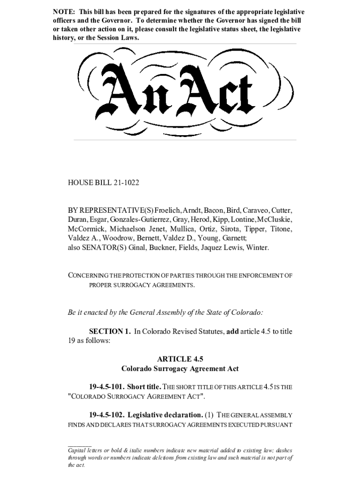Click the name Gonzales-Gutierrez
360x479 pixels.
point(139,220)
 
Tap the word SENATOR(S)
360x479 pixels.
point(106,247)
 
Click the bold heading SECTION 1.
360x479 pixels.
point(110,332)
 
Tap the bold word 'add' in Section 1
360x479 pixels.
point(233,332)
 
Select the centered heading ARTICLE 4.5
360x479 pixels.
point(180,359)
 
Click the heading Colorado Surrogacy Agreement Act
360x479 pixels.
point(180,369)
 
